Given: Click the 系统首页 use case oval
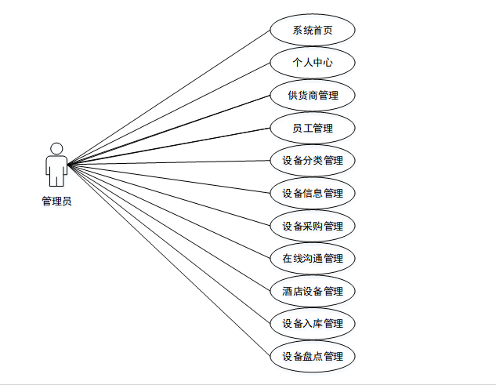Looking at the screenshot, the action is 313,31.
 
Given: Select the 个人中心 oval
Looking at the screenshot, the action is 313,63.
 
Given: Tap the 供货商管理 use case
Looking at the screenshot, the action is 313,96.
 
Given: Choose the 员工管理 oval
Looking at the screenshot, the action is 313,128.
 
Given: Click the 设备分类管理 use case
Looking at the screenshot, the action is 313,161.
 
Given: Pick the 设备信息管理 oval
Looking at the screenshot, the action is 313,193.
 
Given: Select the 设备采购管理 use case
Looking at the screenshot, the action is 313,226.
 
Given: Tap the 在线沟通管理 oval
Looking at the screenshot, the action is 313,258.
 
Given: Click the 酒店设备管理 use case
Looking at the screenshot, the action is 313,291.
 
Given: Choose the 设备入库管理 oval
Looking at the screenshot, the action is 313,323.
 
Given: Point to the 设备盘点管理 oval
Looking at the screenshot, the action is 313,356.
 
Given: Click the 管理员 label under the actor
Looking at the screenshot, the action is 56,202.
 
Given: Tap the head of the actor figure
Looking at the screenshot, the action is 56,148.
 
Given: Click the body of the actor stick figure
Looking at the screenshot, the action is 56,169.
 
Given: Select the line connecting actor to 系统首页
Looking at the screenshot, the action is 168,98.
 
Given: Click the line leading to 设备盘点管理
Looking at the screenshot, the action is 168,260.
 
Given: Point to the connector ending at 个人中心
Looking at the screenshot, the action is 168,114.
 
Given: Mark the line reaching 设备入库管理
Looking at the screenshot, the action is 168,244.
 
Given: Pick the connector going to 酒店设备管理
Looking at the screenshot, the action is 168,227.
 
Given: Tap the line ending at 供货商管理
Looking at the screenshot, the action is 168,130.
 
